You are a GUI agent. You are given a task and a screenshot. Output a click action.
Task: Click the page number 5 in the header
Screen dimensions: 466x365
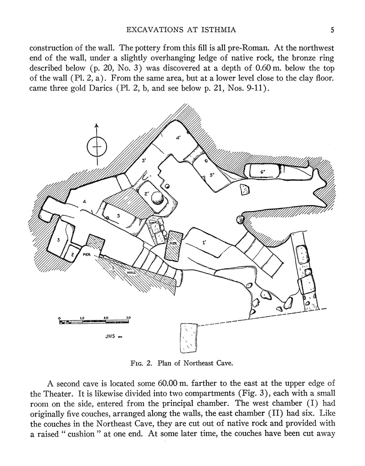[332, 30]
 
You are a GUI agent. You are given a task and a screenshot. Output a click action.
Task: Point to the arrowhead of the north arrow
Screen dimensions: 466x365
[96, 126]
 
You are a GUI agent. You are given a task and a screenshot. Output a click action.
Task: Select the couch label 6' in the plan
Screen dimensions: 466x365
[263, 171]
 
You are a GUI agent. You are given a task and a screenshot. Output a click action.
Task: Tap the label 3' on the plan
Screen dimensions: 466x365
[144, 160]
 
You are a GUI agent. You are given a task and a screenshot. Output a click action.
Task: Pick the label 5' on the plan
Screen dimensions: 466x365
[212, 174]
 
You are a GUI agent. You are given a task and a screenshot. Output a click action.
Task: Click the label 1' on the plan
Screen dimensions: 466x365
[205, 243]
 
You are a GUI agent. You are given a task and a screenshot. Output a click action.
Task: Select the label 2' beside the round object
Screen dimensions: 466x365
[147, 193]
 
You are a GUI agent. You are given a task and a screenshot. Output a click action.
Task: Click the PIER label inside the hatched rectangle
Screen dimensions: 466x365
[173, 243]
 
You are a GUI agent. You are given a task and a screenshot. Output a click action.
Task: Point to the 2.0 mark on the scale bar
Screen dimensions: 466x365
[105, 318]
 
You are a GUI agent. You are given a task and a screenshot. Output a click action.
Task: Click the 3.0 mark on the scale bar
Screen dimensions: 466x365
[129, 318]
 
